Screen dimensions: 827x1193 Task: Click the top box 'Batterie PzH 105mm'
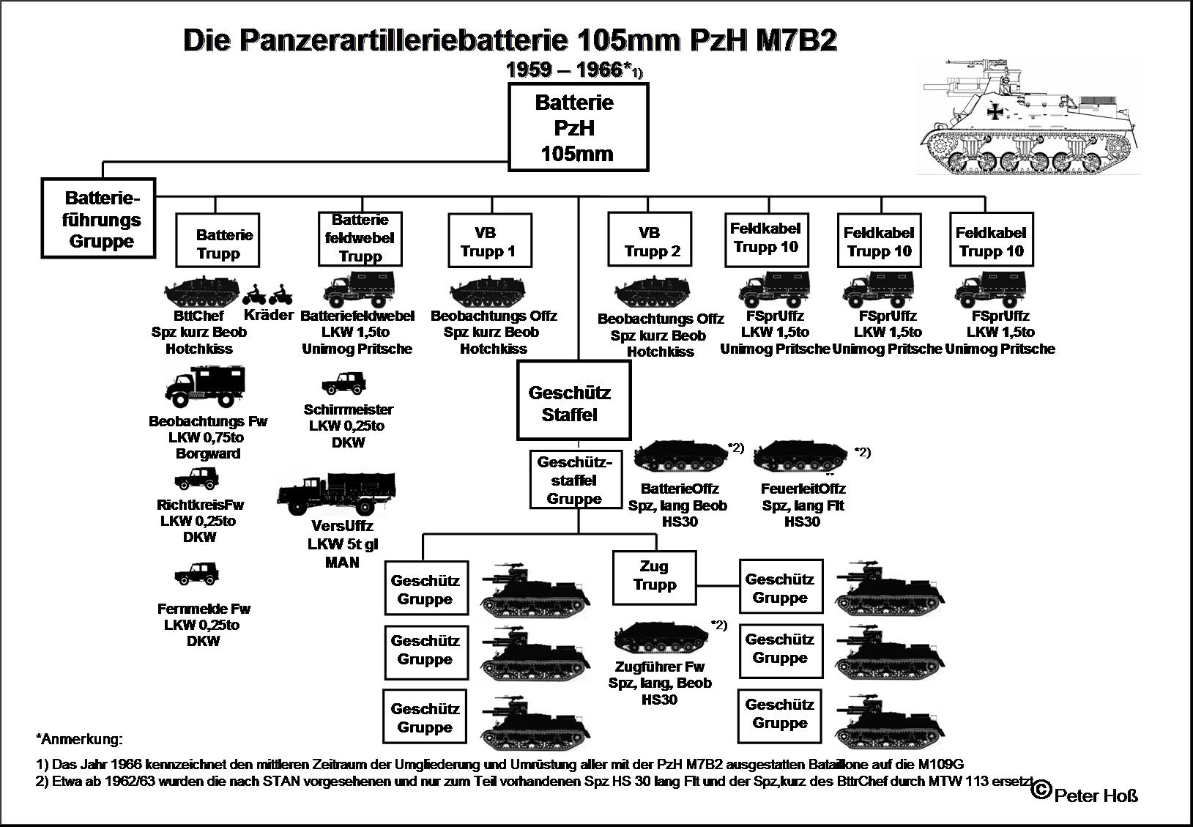point(578,127)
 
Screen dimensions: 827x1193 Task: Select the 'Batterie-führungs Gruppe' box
point(99,218)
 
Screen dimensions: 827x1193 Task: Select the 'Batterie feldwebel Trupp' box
point(360,238)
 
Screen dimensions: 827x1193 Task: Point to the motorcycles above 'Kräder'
point(267,296)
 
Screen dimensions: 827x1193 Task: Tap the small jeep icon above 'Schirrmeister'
point(343,383)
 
